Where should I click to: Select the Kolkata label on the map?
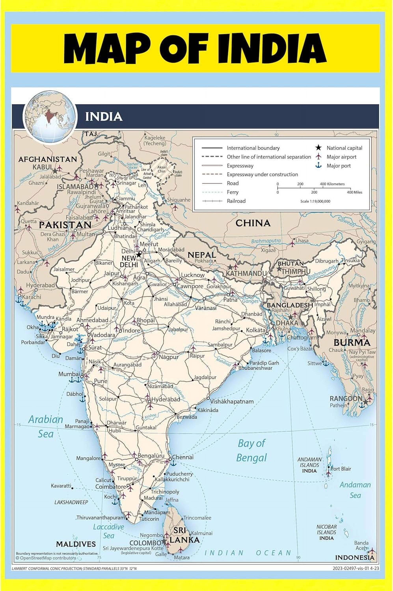click(255, 330)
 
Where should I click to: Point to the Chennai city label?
click(183, 457)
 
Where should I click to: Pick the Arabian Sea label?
click(45, 426)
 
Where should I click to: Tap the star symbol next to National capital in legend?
click(318, 148)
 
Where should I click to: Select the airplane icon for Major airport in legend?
click(318, 157)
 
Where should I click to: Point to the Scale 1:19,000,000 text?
click(315, 201)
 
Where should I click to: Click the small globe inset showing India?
click(50, 117)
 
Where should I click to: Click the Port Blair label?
click(341, 468)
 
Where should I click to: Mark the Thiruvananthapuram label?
click(101, 517)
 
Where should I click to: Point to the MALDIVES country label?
click(76, 544)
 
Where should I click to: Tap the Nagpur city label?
click(169, 357)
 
